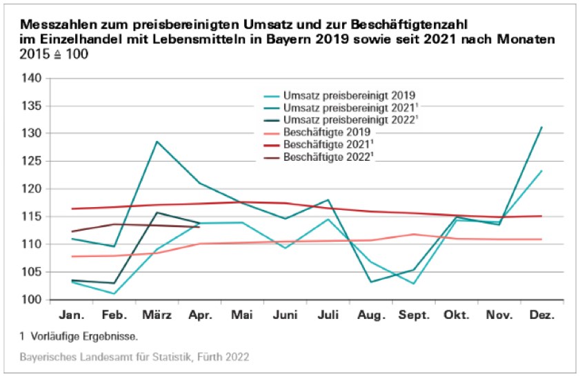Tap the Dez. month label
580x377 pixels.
tap(541, 316)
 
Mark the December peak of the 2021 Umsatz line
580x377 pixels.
tap(541, 127)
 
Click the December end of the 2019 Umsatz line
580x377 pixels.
tap(541, 171)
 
